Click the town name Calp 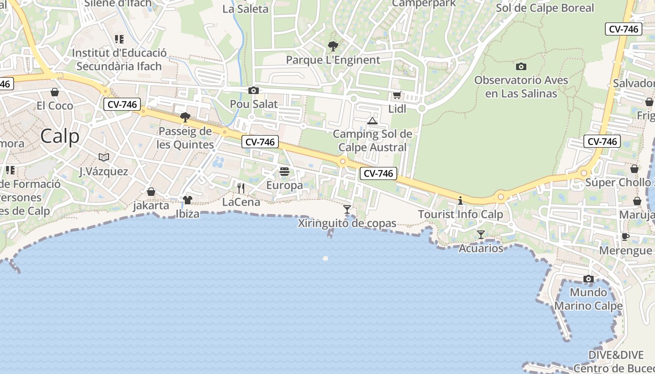pyautogui.click(x=59, y=137)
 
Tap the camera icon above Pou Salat pyautogui.click(x=254, y=90)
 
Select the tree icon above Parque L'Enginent pyautogui.click(x=333, y=46)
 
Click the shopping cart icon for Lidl pyautogui.click(x=397, y=95)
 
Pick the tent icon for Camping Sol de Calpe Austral pyautogui.click(x=372, y=121)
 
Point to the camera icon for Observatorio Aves pyautogui.click(x=521, y=67)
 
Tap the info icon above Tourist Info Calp pyautogui.click(x=460, y=201)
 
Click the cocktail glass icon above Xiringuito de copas pyautogui.click(x=347, y=209)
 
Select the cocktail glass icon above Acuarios pyautogui.click(x=481, y=234)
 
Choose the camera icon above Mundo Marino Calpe pyautogui.click(x=589, y=279)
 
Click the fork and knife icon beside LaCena pyautogui.click(x=241, y=188)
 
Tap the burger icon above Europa pyautogui.click(x=284, y=172)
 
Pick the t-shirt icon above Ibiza pyautogui.click(x=188, y=200)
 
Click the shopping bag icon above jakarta pyautogui.click(x=151, y=192)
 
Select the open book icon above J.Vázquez pyautogui.click(x=104, y=158)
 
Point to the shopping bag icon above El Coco pyautogui.click(x=55, y=92)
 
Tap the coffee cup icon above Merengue pyautogui.click(x=626, y=237)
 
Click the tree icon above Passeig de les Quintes pyautogui.click(x=185, y=117)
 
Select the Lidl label pyautogui.click(x=397, y=109)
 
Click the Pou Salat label pyautogui.click(x=254, y=104)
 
